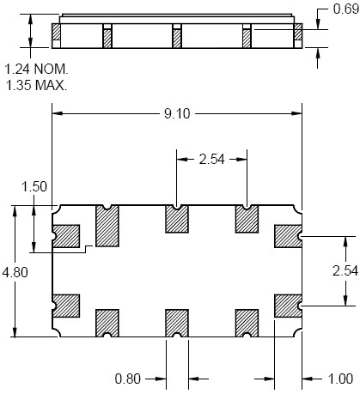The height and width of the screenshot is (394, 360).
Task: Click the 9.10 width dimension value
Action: tap(177, 114)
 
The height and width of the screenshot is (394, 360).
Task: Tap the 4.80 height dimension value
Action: tap(15, 272)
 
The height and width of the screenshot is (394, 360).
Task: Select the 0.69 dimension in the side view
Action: tap(346, 9)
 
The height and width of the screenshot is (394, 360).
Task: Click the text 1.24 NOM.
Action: tap(37, 70)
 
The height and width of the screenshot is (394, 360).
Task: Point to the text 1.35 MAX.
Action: tap(36, 85)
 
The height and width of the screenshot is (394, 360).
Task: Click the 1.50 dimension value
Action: tap(34, 186)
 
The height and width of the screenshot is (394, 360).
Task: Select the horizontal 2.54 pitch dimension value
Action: tap(212, 160)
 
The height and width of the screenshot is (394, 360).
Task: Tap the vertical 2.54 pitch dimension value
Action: tap(345, 270)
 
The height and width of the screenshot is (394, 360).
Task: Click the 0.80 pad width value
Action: tap(128, 379)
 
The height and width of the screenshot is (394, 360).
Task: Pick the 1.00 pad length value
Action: tap(340, 379)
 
